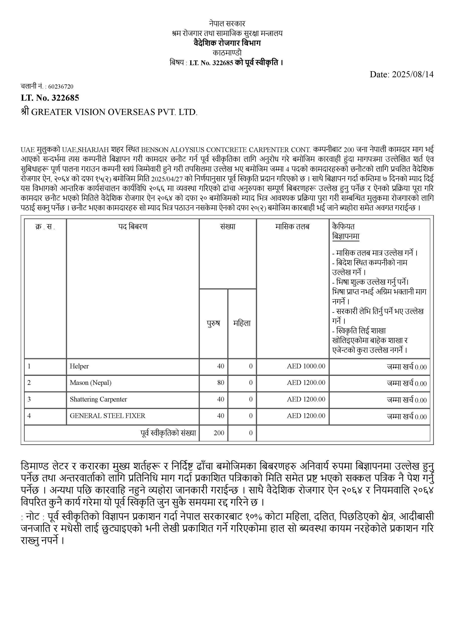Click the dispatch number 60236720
(x=61, y=87)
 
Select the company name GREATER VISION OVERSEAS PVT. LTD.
(x=114, y=112)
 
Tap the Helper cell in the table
(x=79, y=366)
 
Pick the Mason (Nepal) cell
(x=90, y=383)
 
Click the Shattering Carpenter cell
(x=98, y=399)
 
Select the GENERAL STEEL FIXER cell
(x=107, y=416)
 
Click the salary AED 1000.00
(x=306, y=366)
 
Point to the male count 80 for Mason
(x=221, y=383)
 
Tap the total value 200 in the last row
(x=219, y=433)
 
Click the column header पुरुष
(x=213, y=323)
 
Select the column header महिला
(x=242, y=323)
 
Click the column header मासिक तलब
(x=292, y=227)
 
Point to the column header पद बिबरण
(x=133, y=227)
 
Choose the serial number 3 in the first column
(x=29, y=399)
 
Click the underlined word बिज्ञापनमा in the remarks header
(x=346, y=236)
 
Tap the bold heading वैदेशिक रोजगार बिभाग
(x=227, y=43)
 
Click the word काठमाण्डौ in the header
(x=227, y=53)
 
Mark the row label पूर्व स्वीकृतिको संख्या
(x=168, y=433)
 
